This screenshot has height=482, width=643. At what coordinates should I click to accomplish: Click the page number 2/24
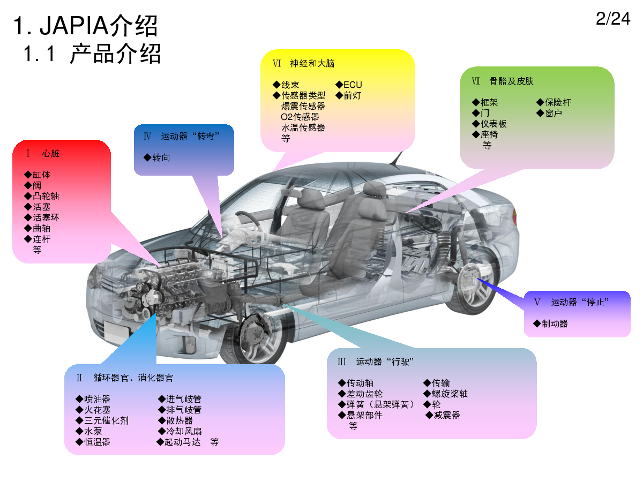click(613, 19)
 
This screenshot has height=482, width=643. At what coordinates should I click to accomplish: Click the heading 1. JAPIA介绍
click(86, 26)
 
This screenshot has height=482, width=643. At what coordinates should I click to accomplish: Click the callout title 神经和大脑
click(312, 63)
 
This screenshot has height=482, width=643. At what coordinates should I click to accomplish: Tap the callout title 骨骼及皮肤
click(511, 81)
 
